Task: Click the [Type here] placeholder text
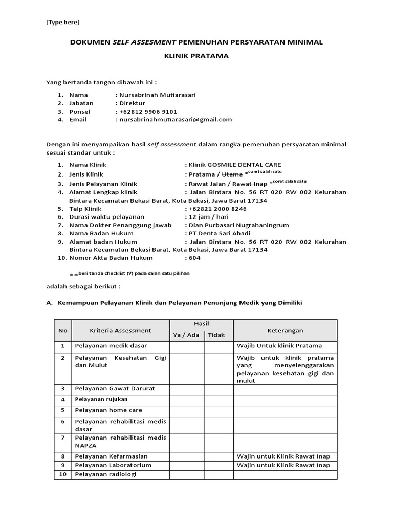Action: coord(62,22)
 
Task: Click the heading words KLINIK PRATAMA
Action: coord(196,56)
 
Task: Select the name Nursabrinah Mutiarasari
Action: coord(157,95)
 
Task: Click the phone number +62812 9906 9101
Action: coord(148,111)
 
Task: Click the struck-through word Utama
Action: coord(232,174)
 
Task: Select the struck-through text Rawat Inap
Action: coord(250,184)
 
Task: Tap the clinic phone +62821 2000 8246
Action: coord(217,209)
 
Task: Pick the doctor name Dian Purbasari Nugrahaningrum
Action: coord(239,225)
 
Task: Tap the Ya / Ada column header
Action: coord(187,335)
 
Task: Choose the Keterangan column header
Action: coord(285,330)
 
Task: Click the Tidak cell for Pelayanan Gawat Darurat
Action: coord(219,389)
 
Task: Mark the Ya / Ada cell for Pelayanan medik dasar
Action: coord(187,346)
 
